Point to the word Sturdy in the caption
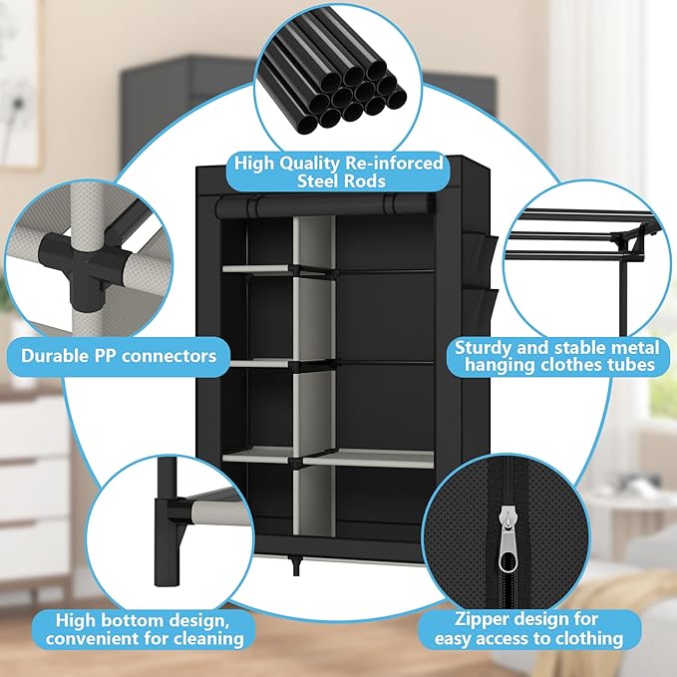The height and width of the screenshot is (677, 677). coord(486,348)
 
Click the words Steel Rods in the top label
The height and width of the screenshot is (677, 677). coord(338,180)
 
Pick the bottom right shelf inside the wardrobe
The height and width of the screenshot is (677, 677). coord(369,457)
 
